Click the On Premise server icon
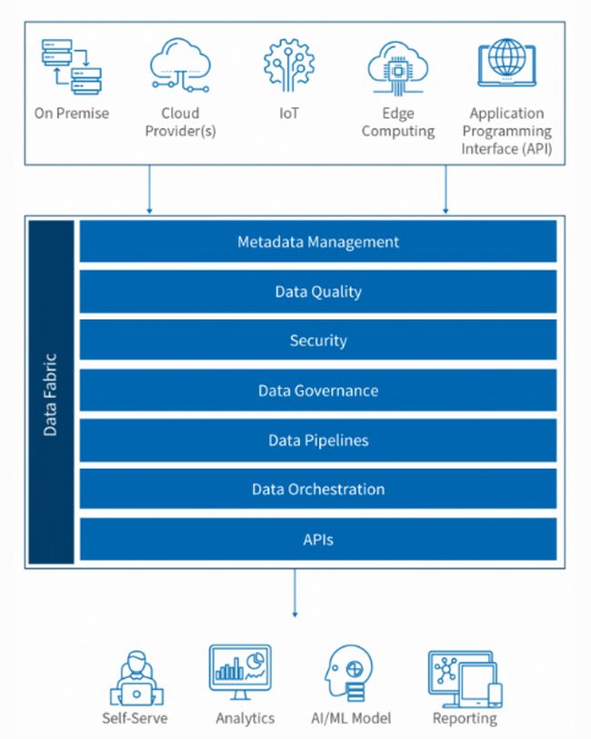[72, 66]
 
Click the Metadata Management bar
[318, 243]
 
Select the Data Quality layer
[318, 292]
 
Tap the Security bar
[318, 341]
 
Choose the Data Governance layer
[318, 391]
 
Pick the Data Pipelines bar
[318, 440]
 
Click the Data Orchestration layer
[318, 489]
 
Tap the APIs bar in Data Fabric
[318, 539]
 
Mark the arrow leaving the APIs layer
[295, 596]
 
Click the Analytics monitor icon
[245, 674]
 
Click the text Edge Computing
[397, 123]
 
